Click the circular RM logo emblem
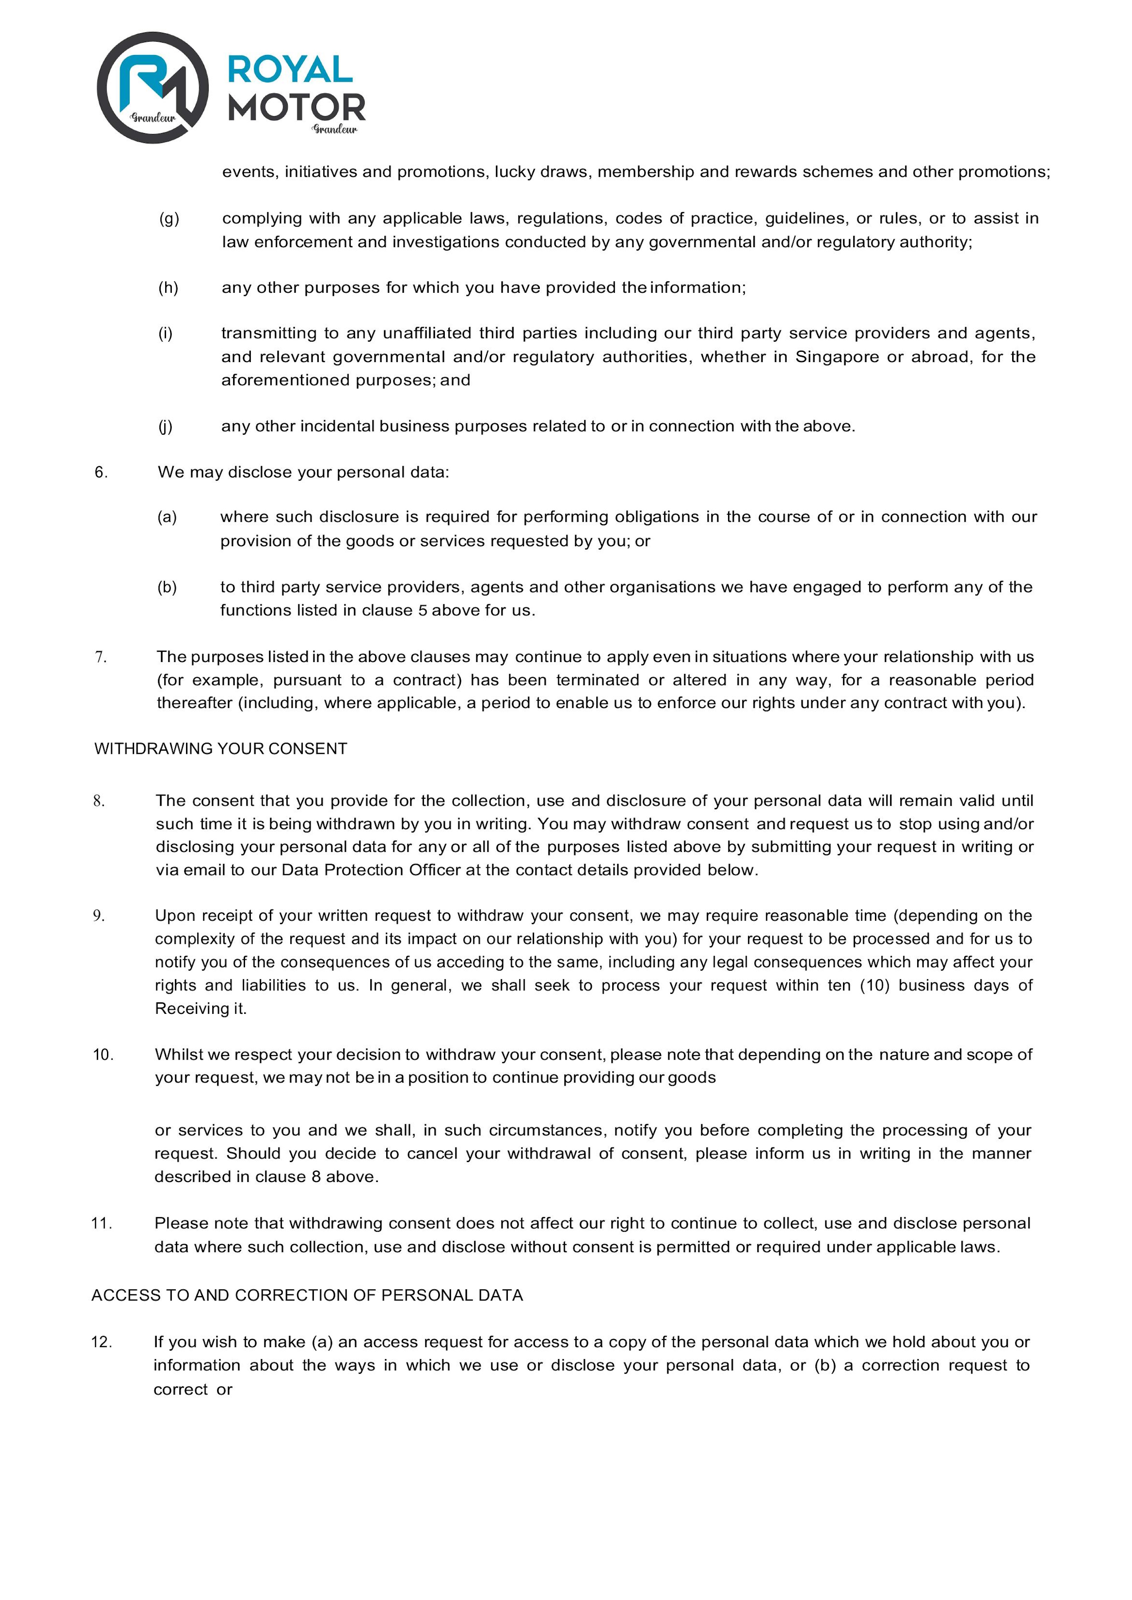pos(153,88)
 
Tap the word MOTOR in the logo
pos(296,107)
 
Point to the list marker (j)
pos(165,426)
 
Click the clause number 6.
pos(101,473)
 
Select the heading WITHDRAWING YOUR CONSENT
pos(220,749)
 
